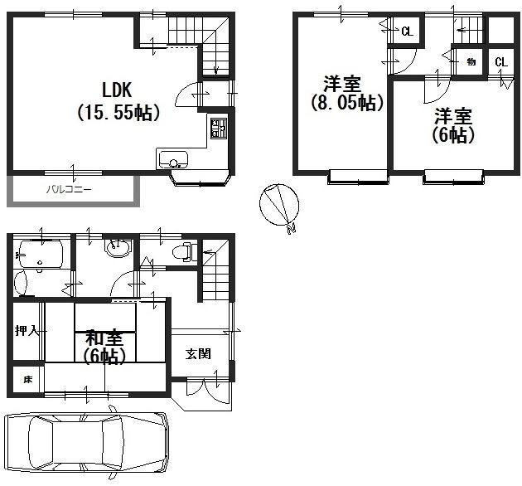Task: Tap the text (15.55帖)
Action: (x=118, y=111)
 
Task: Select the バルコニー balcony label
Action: (x=69, y=190)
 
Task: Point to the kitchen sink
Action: (x=174, y=159)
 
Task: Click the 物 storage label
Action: (x=470, y=61)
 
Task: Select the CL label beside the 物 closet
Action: (x=500, y=63)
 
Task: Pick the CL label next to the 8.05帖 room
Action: (x=407, y=32)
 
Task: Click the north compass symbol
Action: (x=276, y=204)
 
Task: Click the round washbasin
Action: (x=116, y=248)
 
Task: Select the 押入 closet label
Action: (x=26, y=331)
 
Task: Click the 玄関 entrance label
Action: (x=197, y=354)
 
